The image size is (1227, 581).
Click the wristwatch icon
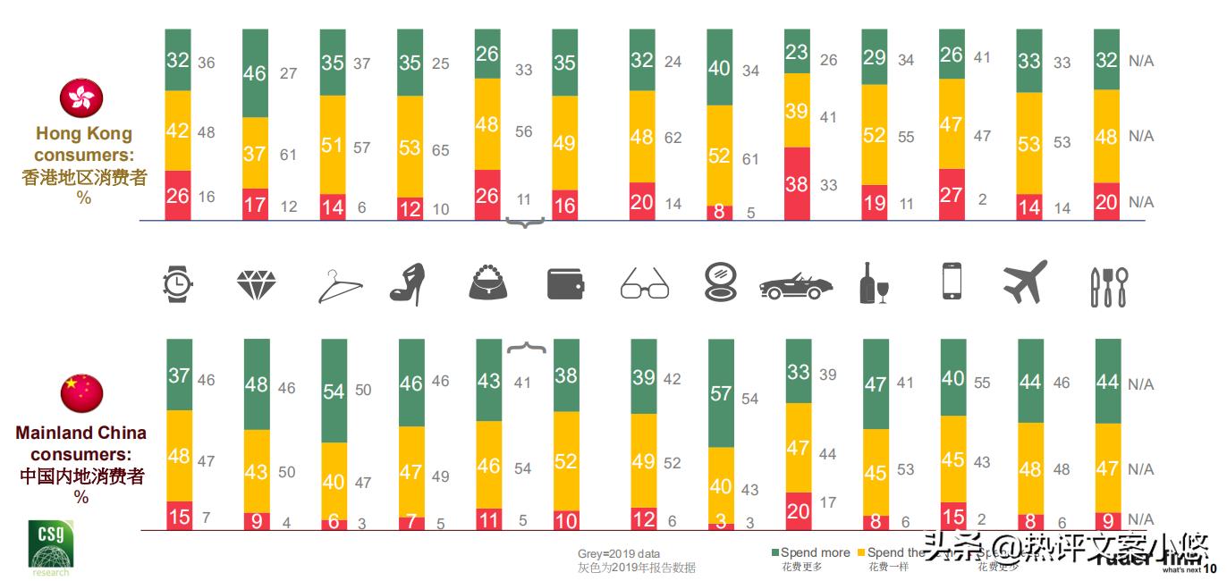pos(178,283)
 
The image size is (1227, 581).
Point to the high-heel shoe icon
pos(408,284)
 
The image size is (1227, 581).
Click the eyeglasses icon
pos(644,284)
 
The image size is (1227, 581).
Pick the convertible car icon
pos(795,285)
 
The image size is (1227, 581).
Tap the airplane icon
pos(1025,282)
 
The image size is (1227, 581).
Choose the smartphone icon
pos(952,282)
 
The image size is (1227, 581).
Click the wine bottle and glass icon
pos(873,283)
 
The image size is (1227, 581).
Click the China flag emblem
pos(81,393)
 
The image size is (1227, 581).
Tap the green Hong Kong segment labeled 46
pos(255,73)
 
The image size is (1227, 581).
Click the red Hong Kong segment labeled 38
pos(797,183)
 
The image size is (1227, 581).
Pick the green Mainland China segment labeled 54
pos(334,392)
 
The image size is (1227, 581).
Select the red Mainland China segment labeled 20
pos(798,510)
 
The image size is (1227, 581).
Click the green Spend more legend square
pos(774,552)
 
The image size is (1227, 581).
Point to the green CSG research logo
pos(50,545)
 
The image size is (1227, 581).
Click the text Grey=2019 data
pos(618,554)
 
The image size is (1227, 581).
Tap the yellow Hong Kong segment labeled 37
pos(255,153)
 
